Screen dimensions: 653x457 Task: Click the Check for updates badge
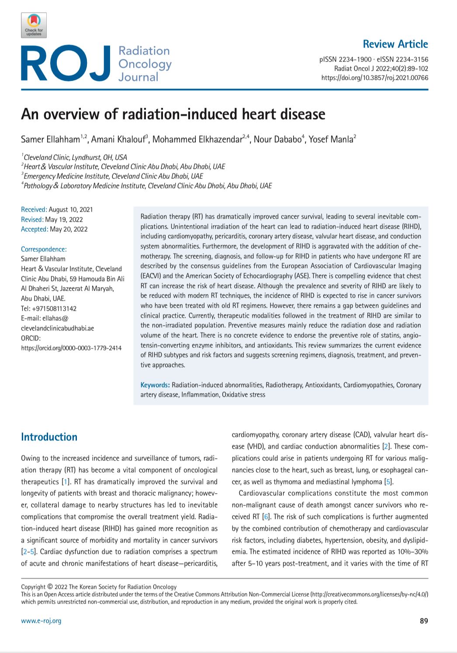click(34, 25)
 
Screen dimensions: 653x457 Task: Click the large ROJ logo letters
click(65, 64)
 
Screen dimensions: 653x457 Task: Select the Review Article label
click(395, 44)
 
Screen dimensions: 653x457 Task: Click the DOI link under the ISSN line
click(374, 78)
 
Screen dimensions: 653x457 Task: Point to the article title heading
click(173, 114)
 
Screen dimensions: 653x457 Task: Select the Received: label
click(34, 210)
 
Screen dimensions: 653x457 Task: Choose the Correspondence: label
click(44, 249)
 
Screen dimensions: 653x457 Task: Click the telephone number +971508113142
click(54, 309)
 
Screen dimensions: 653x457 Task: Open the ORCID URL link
click(71, 348)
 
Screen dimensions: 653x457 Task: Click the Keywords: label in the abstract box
click(155, 385)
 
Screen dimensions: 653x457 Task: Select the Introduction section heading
click(49, 437)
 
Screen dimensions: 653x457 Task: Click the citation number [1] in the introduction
click(65, 482)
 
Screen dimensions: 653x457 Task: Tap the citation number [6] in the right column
click(266, 517)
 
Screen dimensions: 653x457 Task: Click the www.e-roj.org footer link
click(41, 621)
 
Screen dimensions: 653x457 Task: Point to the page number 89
click(423, 621)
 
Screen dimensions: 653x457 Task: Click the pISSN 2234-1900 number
click(345, 59)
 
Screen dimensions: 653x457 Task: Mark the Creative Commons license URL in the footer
click(369, 595)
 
